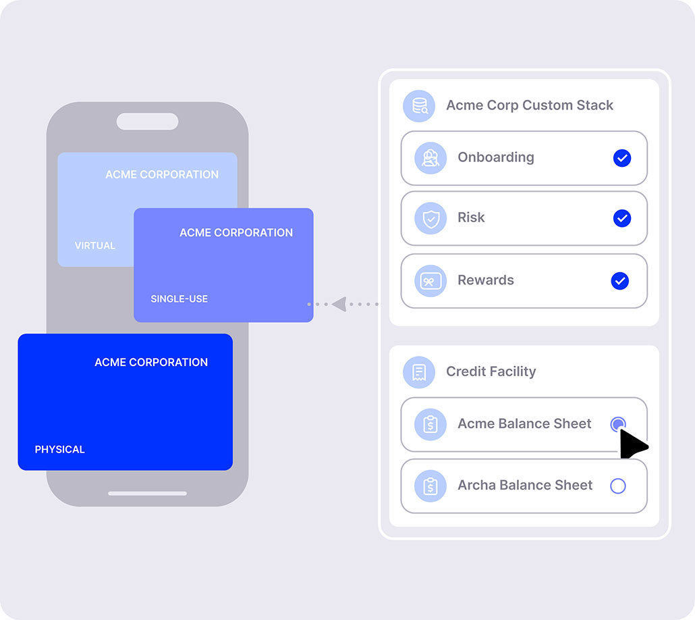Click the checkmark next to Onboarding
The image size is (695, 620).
coord(622,158)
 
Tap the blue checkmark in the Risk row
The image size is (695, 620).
coord(622,218)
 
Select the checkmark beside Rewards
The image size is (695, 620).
coord(619,281)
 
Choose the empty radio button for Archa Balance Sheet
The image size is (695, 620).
coord(618,486)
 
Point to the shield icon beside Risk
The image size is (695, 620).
coord(430,218)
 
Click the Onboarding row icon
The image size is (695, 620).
coord(430,158)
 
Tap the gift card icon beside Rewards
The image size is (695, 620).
coord(430,281)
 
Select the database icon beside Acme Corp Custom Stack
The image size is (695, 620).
coord(419,105)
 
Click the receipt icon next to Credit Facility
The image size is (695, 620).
coord(419,372)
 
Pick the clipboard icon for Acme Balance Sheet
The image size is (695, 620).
coord(430,424)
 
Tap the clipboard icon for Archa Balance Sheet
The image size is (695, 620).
coord(430,486)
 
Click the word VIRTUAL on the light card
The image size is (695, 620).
coord(95,245)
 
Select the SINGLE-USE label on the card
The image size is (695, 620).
coord(179,299)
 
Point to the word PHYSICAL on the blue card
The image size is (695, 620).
coord(60,449)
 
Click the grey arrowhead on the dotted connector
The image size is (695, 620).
coord(339,304)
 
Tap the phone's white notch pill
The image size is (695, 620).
coord(148,121)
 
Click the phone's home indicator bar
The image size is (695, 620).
coord(148,493)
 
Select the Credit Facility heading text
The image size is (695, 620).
coord(491,371)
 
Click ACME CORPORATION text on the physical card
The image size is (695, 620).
coord(151,362)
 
